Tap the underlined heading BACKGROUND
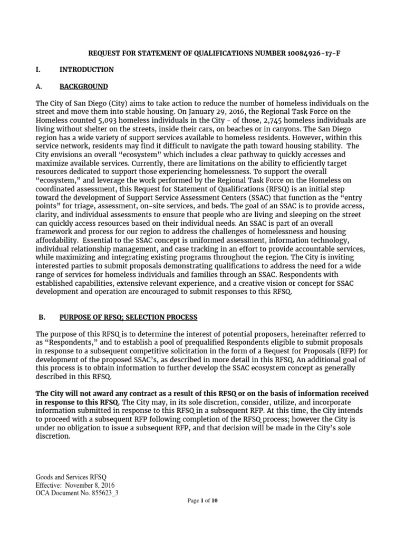click(83, 86)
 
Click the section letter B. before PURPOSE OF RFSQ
click(43, 317)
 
